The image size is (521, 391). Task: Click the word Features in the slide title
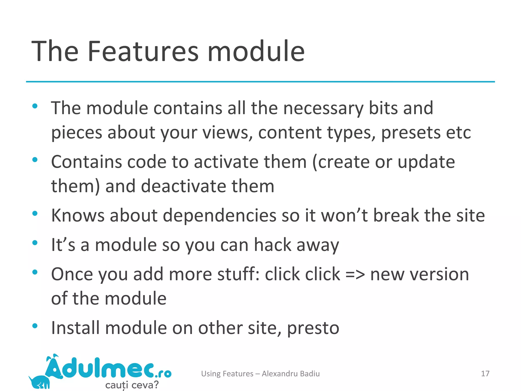(143, 51)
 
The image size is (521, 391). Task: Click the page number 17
(485, 373)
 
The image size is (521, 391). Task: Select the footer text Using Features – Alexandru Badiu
(260, 373)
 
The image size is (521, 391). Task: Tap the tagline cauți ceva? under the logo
(132, 384)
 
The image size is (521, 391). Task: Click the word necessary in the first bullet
(323, 108)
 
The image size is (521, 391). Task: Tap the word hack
(272, 245)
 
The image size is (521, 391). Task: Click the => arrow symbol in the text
(355, 275)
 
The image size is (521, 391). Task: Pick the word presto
(313, 328)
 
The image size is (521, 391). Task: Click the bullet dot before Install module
(35, 326)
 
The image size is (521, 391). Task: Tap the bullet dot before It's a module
(35, 243)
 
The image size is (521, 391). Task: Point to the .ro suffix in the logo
(163, 374)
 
